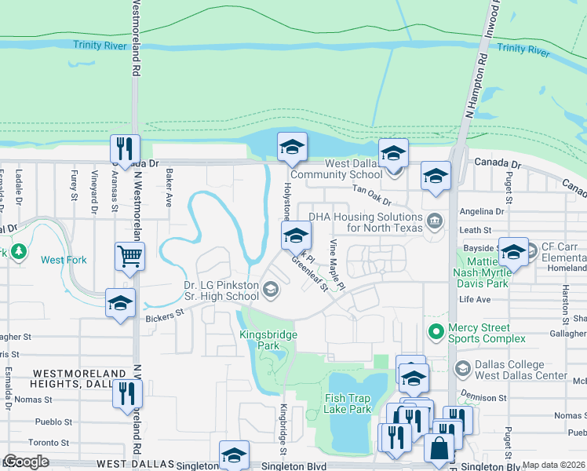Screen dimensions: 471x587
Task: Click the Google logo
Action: pyautogui.click(x=25, y=462)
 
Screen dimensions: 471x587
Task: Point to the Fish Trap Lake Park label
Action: pyautogui.click(x=348, y=403)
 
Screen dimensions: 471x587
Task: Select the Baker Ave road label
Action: pyautogui.click(x=169, y=191)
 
